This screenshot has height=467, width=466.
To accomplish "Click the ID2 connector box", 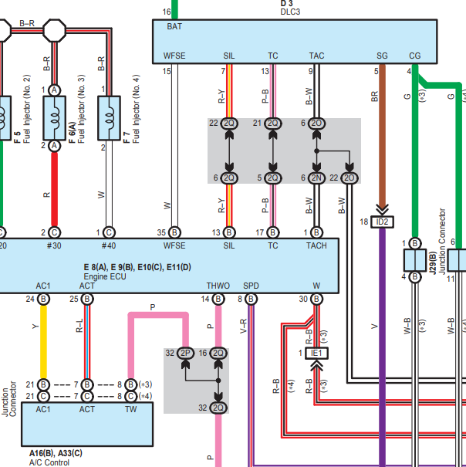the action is point(382,222).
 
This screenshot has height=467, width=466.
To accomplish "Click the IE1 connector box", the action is point(316,354).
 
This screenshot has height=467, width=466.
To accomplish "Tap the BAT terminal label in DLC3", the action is point(174,26).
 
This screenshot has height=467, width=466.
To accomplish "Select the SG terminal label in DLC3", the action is point(382,56).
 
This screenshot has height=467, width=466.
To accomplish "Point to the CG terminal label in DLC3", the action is point(415,56).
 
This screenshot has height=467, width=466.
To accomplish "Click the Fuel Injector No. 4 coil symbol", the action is point(110,118).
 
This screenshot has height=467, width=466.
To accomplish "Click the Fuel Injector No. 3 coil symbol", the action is point(55,118).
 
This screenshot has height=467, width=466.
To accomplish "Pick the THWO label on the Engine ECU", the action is point(218,286).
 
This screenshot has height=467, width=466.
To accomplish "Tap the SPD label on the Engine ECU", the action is point(251,286).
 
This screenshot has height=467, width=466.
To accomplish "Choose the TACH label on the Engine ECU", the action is point(316,245).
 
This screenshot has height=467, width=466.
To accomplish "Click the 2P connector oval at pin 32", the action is point(185,354).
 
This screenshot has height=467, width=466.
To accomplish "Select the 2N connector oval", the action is point(316,178).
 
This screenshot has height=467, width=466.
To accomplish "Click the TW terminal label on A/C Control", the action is point(130,410).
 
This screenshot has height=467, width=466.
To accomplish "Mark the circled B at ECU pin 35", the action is point(174,232).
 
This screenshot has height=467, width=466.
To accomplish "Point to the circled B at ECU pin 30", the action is point(316,299).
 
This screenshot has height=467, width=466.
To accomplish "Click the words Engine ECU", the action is point(105,276).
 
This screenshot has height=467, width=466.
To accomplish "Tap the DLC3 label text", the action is point(290,12).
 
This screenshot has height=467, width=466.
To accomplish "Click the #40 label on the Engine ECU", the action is point(109,245).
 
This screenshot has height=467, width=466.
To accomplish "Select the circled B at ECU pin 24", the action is point(43,299).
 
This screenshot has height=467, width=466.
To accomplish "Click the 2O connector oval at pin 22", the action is point(349,178).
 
